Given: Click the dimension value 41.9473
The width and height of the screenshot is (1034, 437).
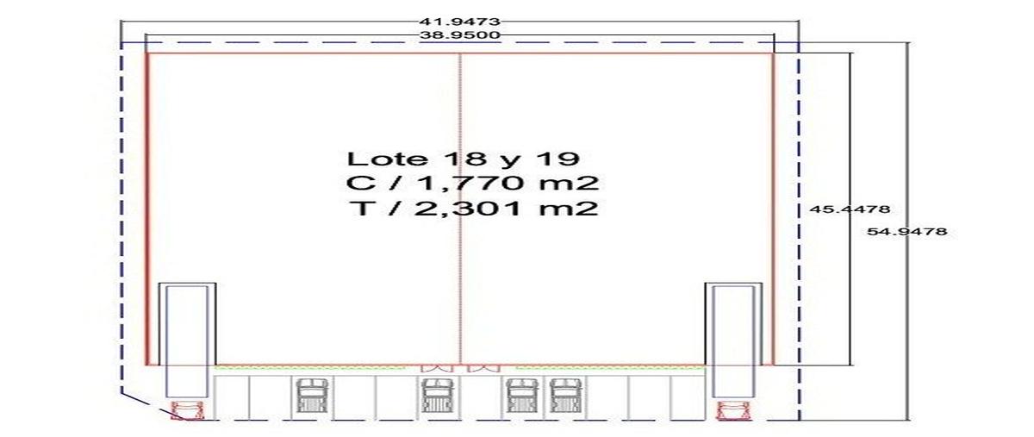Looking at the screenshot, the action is (459, 22).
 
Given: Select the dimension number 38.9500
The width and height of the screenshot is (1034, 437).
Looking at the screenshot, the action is (459, 34).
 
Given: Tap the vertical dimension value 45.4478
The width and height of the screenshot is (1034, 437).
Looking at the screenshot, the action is (850, 209).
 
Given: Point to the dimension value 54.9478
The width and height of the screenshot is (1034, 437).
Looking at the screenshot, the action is (907, 231).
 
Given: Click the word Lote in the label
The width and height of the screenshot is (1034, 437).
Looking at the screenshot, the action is (387, 159).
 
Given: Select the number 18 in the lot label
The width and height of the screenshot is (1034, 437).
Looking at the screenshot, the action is (464, 159).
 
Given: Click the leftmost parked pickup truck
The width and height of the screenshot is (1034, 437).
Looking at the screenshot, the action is (312, 396).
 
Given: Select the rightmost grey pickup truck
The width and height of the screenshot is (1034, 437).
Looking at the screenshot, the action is (565, 396).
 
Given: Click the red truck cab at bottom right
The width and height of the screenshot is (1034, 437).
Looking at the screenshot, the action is (733, 410).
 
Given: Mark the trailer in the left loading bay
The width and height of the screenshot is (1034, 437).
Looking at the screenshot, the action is (187, 341).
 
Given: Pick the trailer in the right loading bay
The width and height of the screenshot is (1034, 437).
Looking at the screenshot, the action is (733, 341).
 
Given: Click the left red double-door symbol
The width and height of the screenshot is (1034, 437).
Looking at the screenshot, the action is (436, 369).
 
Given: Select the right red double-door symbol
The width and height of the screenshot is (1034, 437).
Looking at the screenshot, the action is (484, 369).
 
